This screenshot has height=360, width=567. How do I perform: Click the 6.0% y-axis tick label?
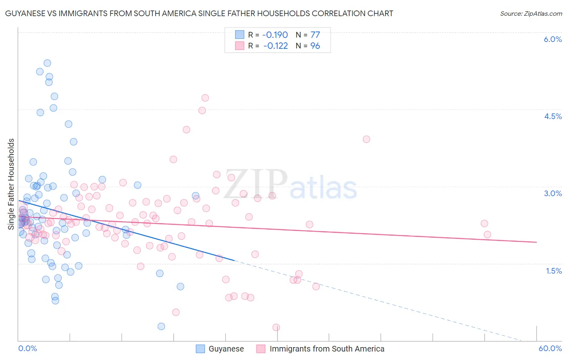(x=552, y=39)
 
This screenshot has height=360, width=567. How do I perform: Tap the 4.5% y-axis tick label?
(x=552, y=116)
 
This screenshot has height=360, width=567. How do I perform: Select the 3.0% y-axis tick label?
(x=552, y=193)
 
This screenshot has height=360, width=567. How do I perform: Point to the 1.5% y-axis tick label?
(x=554, y=271)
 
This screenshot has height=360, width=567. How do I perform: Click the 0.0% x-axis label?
(x=27, y=348)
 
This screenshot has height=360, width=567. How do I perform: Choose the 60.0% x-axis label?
(x=550, y=348)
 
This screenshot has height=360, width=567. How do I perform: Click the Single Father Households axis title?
(x=11, y=184)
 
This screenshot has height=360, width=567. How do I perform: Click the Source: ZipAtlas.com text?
(x=531, y=13)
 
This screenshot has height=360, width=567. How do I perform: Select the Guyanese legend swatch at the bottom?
(x=200, y=349)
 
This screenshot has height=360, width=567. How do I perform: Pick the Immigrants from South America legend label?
(x=327, y=349)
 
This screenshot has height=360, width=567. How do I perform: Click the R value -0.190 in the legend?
(x=275, y=35)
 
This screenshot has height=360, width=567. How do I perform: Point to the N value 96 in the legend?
(x=315, y=46)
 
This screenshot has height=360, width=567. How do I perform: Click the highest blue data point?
(x=47, y=63)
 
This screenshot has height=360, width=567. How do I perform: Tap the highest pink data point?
(x=205, y=98)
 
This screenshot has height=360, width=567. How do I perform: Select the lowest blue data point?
(x=161, y=326)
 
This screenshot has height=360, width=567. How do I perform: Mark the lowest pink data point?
(x=276, y=327)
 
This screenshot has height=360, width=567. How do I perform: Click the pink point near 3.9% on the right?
(x=366, y=139)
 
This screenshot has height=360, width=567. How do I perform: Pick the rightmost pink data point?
(x=487, y=234)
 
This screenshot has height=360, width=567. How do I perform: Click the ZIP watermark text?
(x=256, y=184)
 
